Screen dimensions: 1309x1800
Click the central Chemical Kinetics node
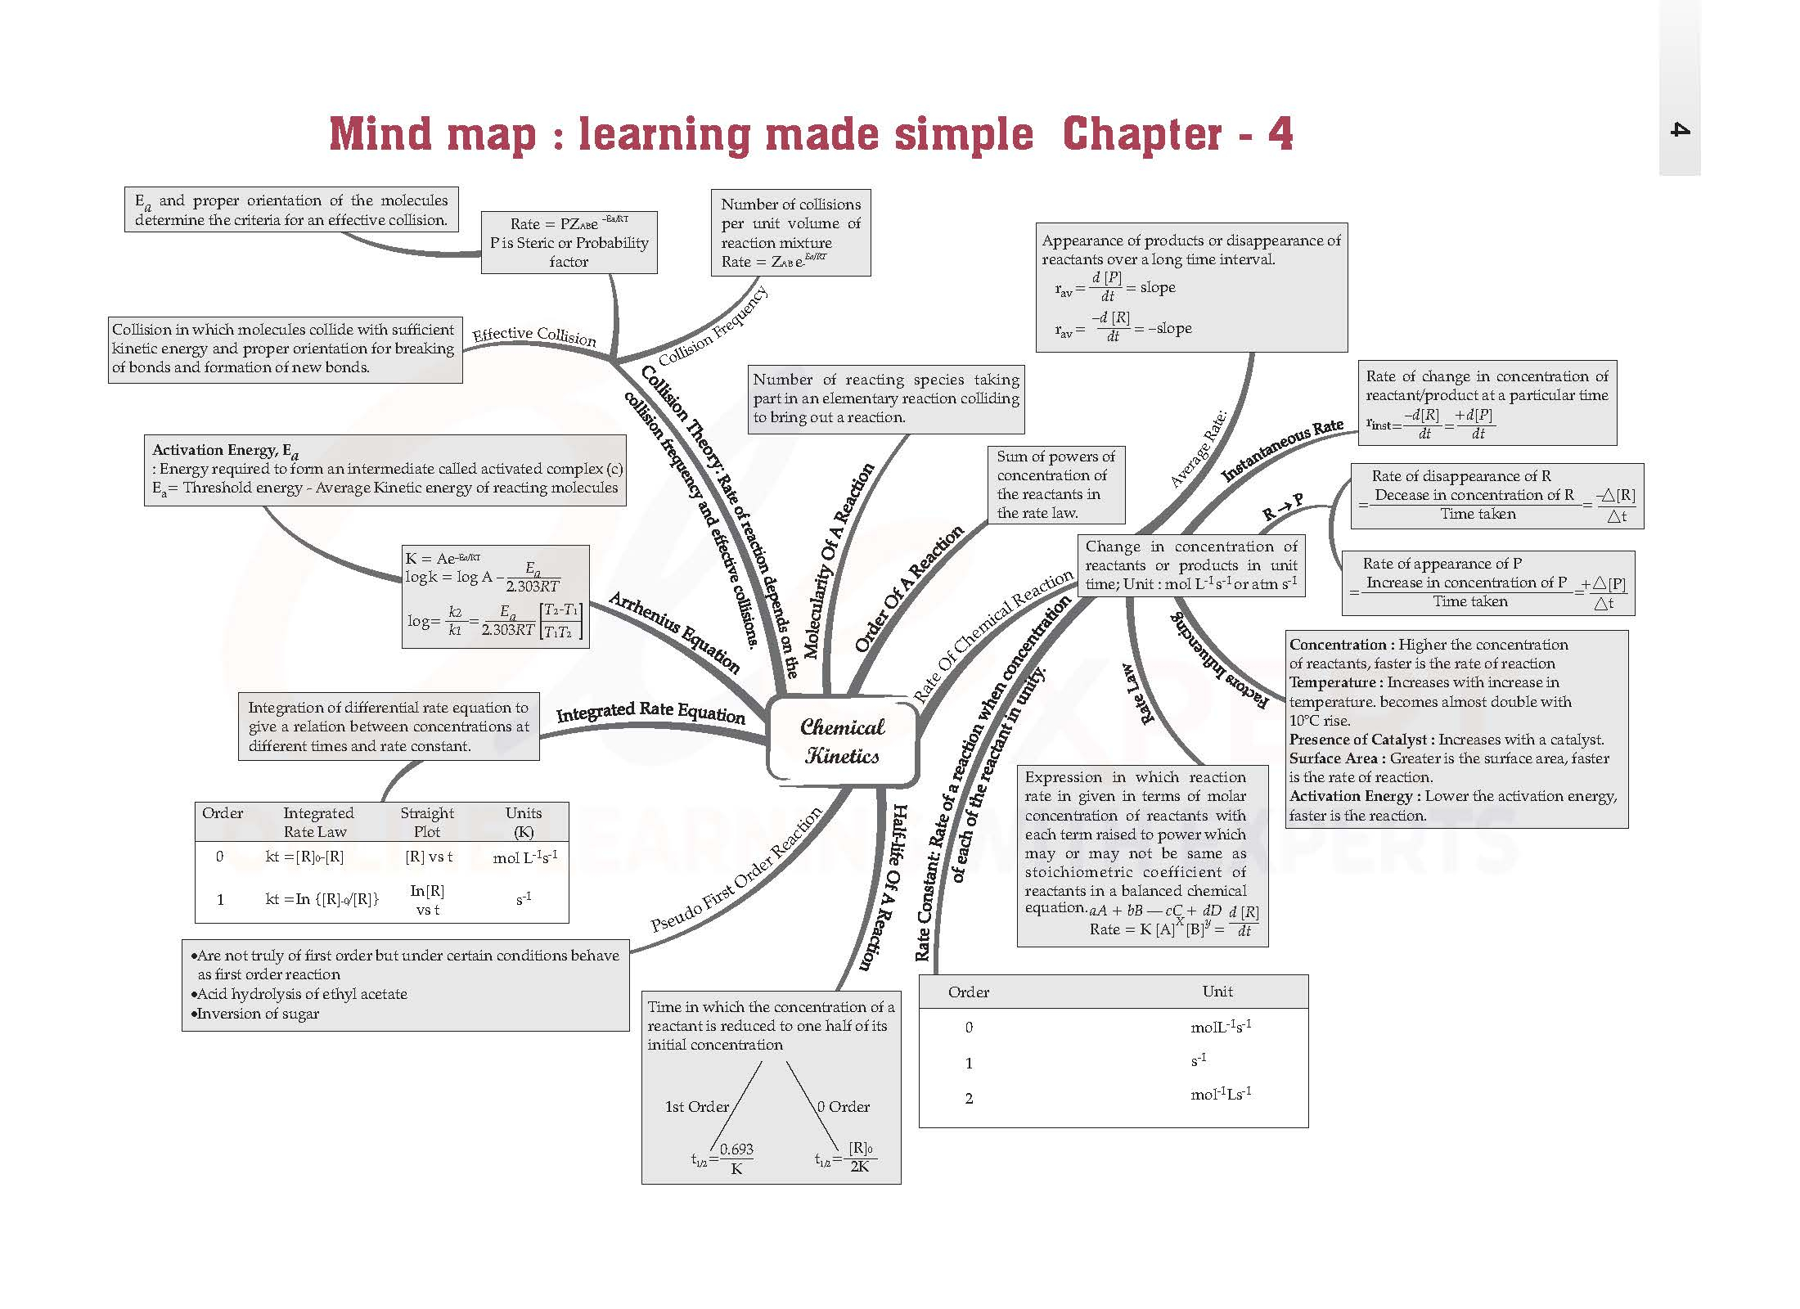pyautogui.click(x=842, y=741)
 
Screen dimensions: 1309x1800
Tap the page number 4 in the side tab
pyautogui.click(x=1680, y=129)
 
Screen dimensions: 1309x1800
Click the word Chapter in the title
pyautogui.click(x=1141, y=134)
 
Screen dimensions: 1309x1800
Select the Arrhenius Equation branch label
pyautogui.click(x=674, y=632)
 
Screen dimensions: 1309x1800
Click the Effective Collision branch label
pyautogui.click(x=534, y=335)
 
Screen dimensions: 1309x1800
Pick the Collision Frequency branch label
pyautogui.click(x=713, y=326)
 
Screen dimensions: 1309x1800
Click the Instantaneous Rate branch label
pyautogui.click(x=1282, y=449)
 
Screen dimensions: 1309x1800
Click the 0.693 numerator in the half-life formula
pyautogui.click(x=736, y=1149)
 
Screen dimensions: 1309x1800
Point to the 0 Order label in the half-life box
pyautogui.click(x=844, y=1106)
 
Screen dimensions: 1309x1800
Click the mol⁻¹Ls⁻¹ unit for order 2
pyautogui.click(x=1221, y=1094)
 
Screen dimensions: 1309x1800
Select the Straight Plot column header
pyautogui.click(x=427, y=821)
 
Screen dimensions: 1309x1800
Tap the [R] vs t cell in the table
pyautogui.click(x=429, y=857)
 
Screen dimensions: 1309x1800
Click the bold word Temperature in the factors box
pyautogui.click(x=1332, y=682)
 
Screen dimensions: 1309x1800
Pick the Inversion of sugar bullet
pyautogui.click(x=258, y=1014)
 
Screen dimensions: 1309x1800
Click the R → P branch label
pyautogui.click(x=1283, y=507)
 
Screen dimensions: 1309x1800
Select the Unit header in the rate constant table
pyautogui.click(x=1217, y=992)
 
